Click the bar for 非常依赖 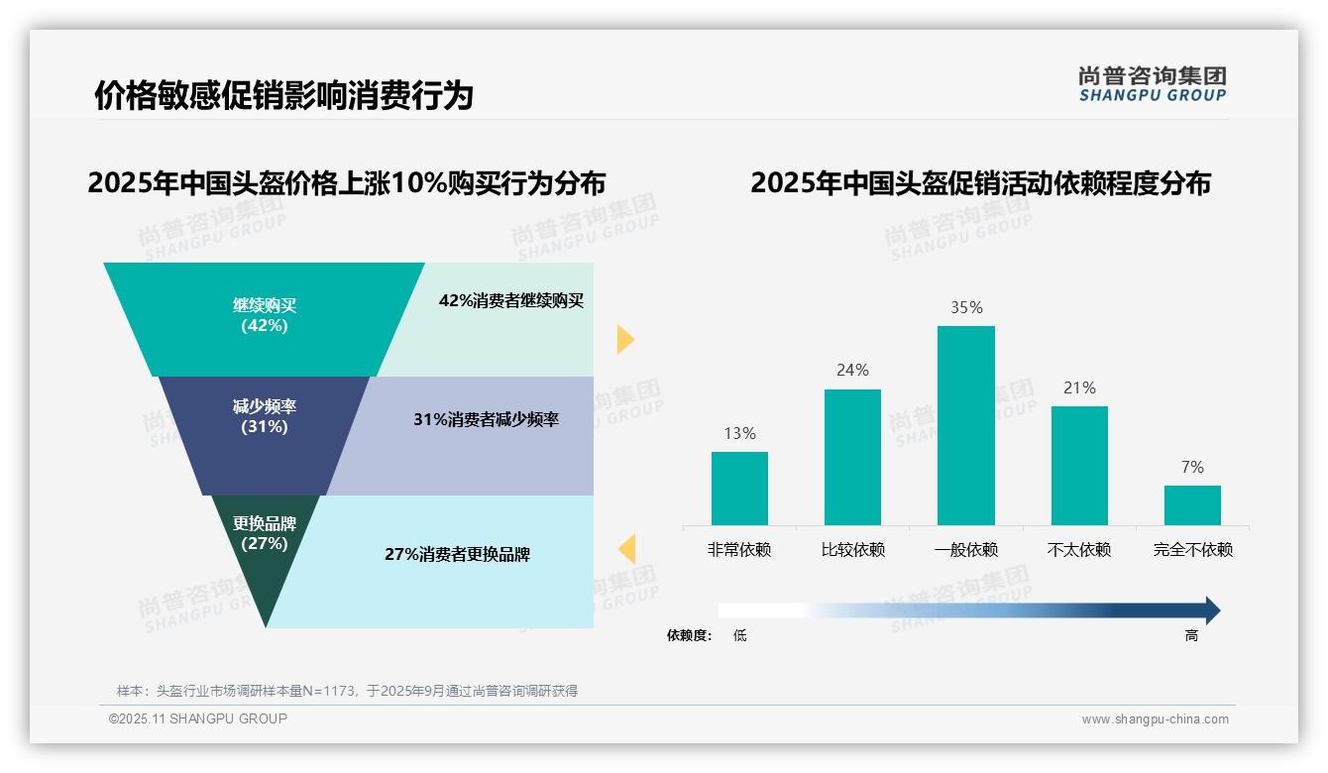point(739,489)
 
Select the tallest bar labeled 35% point(966,425)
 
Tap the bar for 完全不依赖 point(1192,505)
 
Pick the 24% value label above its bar point(852,371)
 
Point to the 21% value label point(1079,388)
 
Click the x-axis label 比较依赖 point(852,550)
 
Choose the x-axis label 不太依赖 point(1079,550)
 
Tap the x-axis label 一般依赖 point(966,550)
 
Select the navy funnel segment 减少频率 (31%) point(265,434)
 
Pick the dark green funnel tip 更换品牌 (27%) point(265,555)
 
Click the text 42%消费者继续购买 point(511,301)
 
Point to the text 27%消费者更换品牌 point(458,555)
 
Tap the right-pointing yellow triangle point(625,339)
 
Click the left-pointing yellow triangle point(626,548)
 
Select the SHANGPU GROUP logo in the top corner point(1153,84)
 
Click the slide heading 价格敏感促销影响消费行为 point(283,96)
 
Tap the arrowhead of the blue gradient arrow point(1212,610)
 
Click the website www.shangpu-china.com point(1155,719)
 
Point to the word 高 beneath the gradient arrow point(1191,636)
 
